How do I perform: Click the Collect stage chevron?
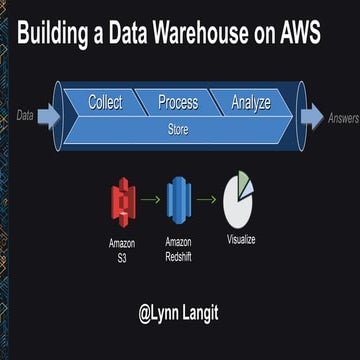(105, 102)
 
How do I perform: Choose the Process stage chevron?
(178, 102)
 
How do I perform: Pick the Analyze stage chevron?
(250, 102)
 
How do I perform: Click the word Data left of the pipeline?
(25, 116)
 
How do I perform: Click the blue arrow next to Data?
(49, 116)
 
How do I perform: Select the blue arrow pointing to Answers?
(312, 116)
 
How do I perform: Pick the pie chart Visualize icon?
(240, 198)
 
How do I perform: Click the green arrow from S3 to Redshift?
(150, 199)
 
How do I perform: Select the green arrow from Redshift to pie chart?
(207, 199)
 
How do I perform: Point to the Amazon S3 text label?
(122, 249)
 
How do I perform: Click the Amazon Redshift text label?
(177, 249)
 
